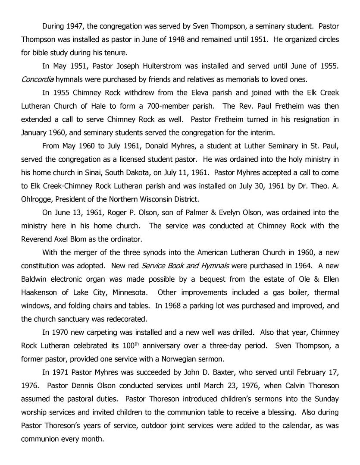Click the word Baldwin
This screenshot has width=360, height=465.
[35, 279]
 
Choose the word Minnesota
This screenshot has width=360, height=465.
[125, 292]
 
